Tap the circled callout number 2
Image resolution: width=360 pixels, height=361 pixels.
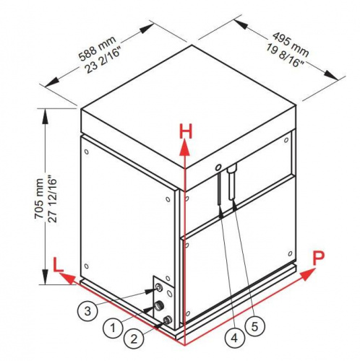134,339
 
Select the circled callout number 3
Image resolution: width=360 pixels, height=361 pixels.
87,310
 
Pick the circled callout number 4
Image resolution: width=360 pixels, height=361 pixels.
234,338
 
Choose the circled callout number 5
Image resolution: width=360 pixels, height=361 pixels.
254,326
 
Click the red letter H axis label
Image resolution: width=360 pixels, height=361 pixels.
186,131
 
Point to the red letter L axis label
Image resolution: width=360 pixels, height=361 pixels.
58,265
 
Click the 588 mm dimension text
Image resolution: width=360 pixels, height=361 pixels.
98,48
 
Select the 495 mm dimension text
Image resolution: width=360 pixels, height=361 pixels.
291,45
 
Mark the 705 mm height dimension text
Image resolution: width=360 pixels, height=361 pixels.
39,199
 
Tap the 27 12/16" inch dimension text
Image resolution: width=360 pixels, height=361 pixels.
52,200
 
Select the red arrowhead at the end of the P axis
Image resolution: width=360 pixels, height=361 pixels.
308,274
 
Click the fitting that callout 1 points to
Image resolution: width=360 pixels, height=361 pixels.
159,305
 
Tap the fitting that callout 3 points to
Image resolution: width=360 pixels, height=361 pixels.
158,287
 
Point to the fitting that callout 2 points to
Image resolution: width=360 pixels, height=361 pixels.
167,320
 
